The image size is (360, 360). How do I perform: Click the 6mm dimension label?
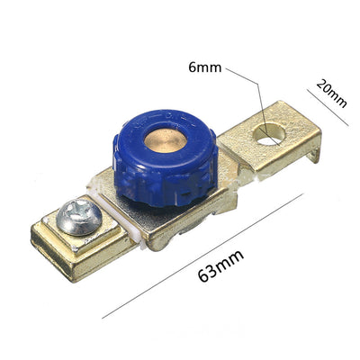coord(205,67)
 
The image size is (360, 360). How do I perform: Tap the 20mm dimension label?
coord(331,93)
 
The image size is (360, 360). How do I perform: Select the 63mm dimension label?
coord(220,265)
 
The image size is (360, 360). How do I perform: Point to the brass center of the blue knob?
coord(166,141)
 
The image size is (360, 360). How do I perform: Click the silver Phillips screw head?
coord(79,217)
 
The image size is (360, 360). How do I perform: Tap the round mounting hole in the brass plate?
coord(269,134)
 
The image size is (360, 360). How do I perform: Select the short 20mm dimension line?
coord(328,107)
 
